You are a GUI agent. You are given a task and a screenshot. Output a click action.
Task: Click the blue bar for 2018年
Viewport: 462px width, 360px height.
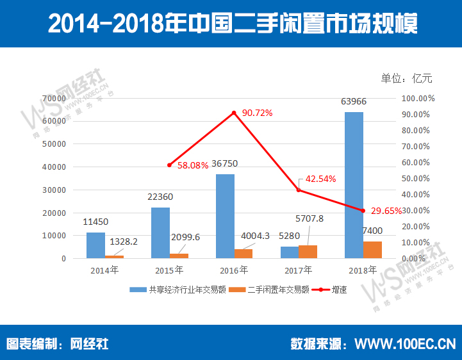click(x=354, y=185)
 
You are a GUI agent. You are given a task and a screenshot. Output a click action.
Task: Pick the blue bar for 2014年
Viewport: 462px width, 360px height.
click(x=95, y=245)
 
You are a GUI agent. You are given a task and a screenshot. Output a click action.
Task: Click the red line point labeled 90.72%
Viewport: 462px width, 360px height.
click(x=235, y=113)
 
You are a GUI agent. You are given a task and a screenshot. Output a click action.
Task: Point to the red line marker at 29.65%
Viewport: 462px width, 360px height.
click(x=363, y=211)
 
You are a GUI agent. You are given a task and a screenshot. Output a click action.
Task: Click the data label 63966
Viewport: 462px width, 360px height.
click(x=354, y=101)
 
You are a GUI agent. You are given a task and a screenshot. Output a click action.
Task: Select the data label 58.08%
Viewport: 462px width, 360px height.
click(x=193, y=165)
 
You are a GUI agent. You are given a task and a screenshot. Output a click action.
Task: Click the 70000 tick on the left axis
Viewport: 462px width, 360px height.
click(x=55, y=98)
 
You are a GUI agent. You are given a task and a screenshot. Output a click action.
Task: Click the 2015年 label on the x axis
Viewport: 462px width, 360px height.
click(x=170, y=270)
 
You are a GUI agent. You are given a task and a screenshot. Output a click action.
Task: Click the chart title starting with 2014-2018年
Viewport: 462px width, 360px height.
click(x=231, y=24)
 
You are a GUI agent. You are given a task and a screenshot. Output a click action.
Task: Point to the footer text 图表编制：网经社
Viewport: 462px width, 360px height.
click(x=58, y=343)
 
